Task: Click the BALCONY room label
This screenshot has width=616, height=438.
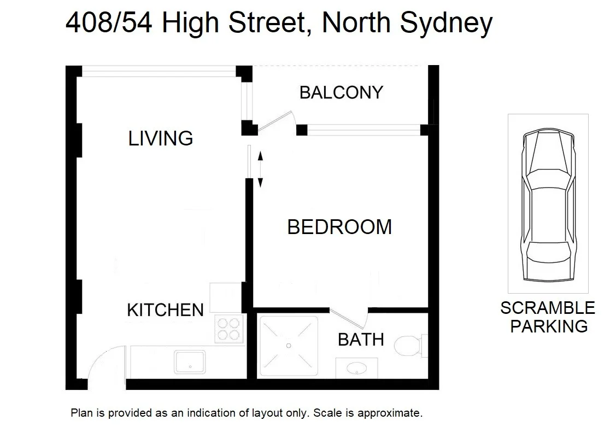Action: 341,92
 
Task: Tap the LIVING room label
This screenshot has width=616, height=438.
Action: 161,138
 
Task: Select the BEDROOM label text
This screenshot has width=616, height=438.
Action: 339,227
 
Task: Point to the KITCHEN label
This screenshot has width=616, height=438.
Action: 165,310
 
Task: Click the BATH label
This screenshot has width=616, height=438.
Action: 361,340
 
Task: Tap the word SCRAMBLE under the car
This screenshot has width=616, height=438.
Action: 548,308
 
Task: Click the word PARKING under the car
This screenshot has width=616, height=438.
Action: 548,326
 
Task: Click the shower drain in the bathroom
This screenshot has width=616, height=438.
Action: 288,346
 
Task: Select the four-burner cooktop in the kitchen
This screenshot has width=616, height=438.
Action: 228,329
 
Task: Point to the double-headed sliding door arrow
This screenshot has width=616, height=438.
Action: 260,170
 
